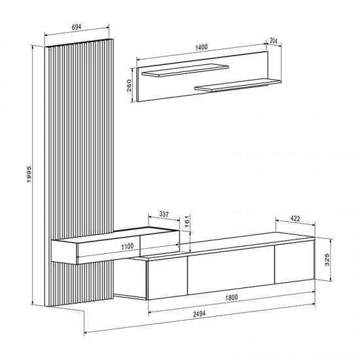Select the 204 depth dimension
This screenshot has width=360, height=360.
pyautogui.click(x=273, y=41)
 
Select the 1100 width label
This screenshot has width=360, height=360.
pyautogui.click(x=127, y=246)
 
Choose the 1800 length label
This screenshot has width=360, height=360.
pyautogui.click(x=228, y=298)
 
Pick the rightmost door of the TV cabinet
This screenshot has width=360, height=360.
pyautogui.click(x=293, y=263)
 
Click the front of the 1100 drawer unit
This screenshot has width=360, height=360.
pyautogui.click(x=127, y=251)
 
